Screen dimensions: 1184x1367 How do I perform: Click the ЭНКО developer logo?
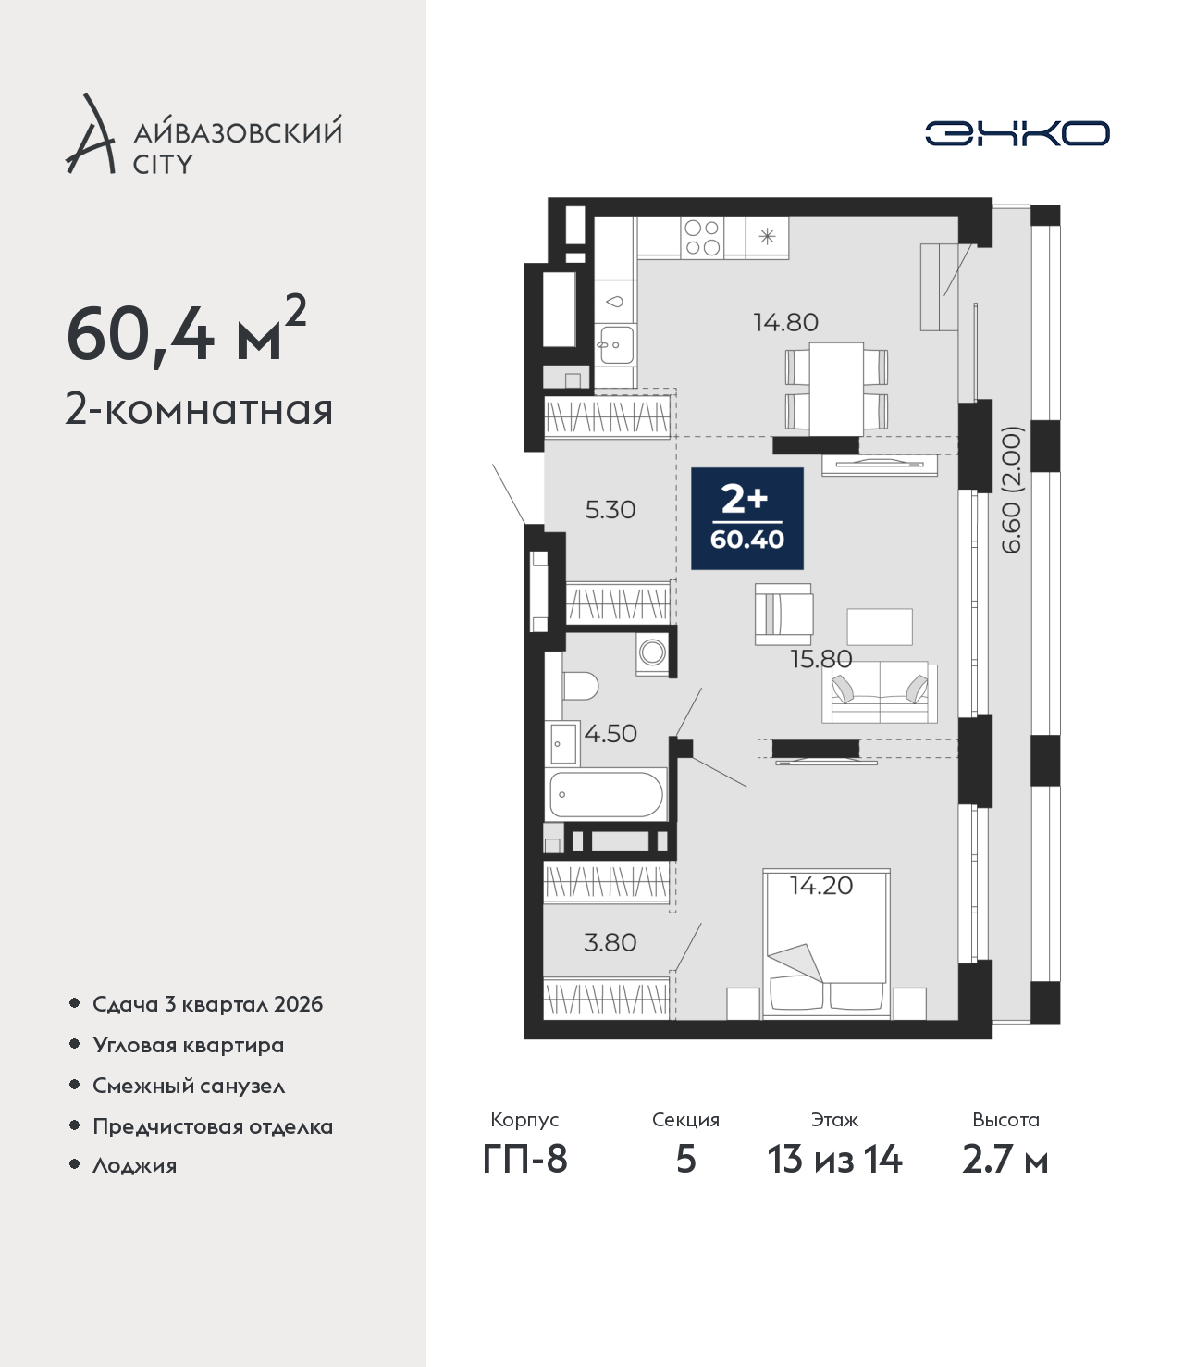(1017, 133)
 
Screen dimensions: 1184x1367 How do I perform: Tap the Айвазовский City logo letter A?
(91, 134)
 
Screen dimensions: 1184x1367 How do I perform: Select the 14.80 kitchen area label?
(785, 323)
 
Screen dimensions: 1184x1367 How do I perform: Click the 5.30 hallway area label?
(610, 510)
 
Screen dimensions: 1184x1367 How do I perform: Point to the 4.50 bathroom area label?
(610, 733)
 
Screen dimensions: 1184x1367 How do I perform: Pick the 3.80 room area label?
(610, 942)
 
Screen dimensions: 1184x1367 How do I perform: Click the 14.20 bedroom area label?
(821, 886)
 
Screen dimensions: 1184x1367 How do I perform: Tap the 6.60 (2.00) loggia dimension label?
(1011, 490)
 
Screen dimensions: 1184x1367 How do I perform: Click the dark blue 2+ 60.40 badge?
(747, 518)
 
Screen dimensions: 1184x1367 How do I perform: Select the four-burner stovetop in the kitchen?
(702, 238)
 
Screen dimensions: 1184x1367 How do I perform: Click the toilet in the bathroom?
(580, 686)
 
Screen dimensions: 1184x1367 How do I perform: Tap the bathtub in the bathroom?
(606, 794)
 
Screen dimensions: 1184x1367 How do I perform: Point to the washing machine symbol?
(653, 653)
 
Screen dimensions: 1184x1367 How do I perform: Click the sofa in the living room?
(880, 691)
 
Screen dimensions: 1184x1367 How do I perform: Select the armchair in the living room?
(784, 615)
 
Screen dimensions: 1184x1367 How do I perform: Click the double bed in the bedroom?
(826, 944)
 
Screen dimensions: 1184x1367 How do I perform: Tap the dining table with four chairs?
(836, 388)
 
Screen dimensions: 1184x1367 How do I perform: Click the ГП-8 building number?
(524, 1160)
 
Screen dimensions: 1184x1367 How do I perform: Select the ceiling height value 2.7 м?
(1005, 1160)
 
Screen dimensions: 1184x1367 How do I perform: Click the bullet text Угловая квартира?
(189, 1046)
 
